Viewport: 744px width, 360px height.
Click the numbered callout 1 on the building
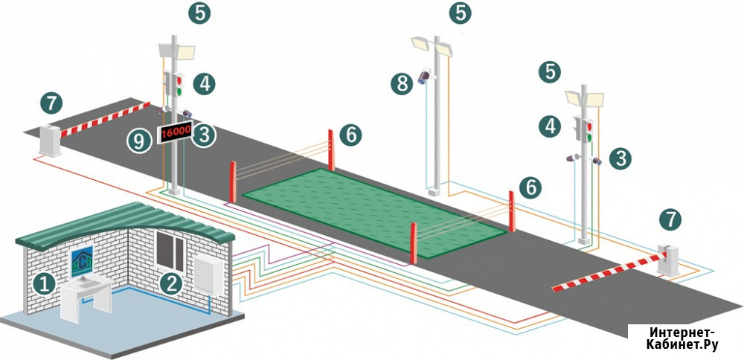pos(44,284)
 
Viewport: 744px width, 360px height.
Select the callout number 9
pos(138,141)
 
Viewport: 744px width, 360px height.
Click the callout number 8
pos(402,84)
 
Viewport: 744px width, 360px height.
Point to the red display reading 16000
pos(175,132)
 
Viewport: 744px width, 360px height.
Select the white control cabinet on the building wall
pos(208,274)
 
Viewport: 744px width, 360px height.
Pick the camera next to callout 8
pos(424,76)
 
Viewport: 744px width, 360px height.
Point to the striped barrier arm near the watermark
pos(609,272)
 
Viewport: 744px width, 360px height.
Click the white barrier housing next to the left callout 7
pos(50,140)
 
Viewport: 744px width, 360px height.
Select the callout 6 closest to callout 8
pos(350,135)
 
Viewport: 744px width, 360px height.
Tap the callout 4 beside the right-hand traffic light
pos(550,126)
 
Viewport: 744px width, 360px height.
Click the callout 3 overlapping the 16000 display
pos(204,135)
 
